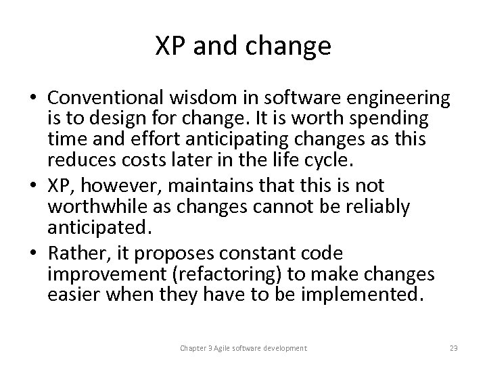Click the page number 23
pos(453,348)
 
